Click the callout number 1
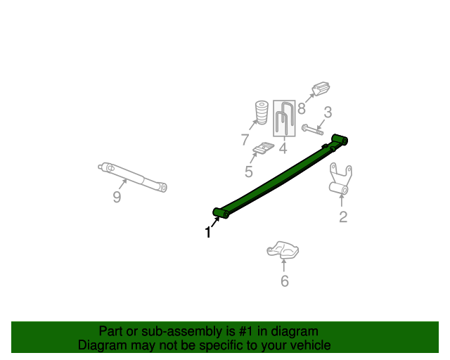[208, 232]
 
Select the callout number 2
[343, 217]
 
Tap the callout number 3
[328, 112]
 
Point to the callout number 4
[283, 148]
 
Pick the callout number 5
[249, 172]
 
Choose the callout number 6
[285, 281]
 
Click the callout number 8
[301, 108]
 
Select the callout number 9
[117, 197]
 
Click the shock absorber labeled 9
[133, 176]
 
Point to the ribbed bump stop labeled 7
[261, 113]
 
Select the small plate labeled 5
[264, 149]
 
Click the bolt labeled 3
[312, 129]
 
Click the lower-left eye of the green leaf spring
[218, 212]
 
